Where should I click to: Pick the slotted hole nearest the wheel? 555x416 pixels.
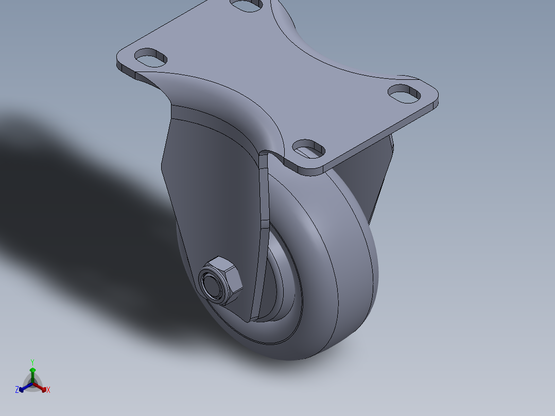[x=309, y=147]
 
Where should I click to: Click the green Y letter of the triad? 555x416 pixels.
[x=32, y=362]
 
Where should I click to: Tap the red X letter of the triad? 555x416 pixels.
[x=48, y=390]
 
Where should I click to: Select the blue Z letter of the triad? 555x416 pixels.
[x=17, y=390]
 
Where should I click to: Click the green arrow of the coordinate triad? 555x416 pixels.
[x=32, y=374]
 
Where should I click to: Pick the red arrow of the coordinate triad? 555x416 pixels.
[x=42, y=388]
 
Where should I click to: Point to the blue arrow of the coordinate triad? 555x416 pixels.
[x=24, y=388]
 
